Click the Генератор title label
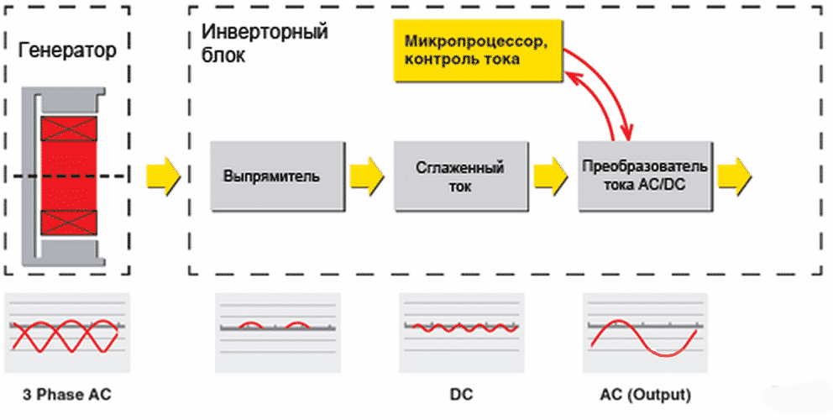pos(66,50)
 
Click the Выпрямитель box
pos(278,177)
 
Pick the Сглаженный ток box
pos(460,176)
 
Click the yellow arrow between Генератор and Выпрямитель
pos(163,176)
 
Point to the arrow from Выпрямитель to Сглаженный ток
pos(366,176)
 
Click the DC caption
pos(460,394)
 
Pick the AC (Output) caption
pos(645,394)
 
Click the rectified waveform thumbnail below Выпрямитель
pos(278,333)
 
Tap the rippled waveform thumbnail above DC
pos(460,333)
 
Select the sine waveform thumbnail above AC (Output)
pos(645,333)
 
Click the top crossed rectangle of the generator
pos(69,129)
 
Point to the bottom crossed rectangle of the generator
pos(69,222)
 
